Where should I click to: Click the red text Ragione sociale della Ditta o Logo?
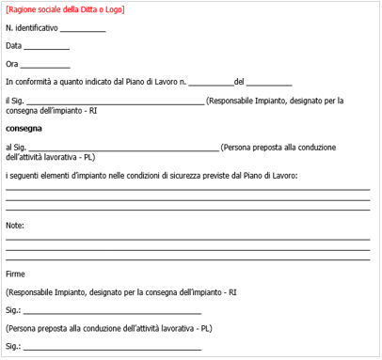pos(64,10)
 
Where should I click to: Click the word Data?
pos(13,46)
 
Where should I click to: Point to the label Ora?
pos(12,65)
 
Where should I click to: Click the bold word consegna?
pos(24,128)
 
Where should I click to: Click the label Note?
pos(15,226)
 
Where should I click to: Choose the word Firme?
pos(16,274)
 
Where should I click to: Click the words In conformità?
pos(30,83)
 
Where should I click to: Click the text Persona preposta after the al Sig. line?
pos(252,148)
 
